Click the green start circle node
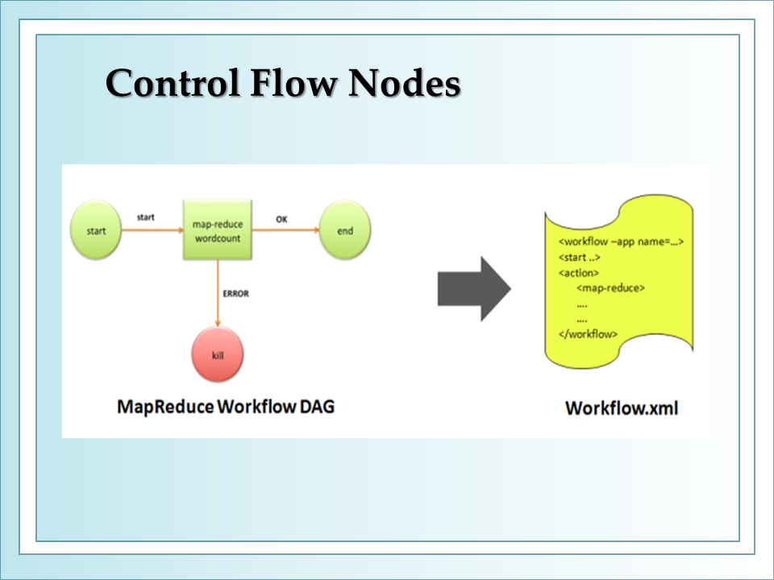(96, 230)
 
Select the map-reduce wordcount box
(218, 230)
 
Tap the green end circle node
(345, 230)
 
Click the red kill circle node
(218, 354)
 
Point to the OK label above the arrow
(281, 219)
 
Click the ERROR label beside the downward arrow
(236, 294)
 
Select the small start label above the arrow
(146, 217)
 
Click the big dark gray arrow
(474, 289)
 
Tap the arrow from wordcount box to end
(285, 230)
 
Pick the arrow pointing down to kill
(218, 293)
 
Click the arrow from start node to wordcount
(152, 230)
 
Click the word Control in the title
(173, 83)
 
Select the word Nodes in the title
(405, 83)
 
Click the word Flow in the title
(293, 83)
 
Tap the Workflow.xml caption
(622, 408)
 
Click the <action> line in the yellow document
(579, 273)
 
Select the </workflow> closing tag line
(588, 333)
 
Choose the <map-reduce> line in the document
(610, 288)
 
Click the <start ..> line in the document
(580, 258)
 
